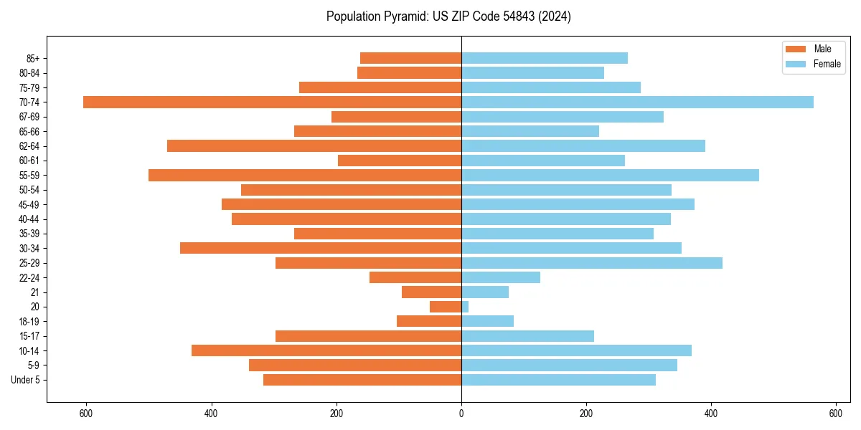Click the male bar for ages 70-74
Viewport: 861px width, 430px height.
point(272,102)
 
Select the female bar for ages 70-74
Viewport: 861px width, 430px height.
point(637,102)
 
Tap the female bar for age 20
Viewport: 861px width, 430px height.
point(465,307)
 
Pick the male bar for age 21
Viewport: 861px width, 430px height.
point(431,292)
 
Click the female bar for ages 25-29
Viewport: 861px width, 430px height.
point(592,263)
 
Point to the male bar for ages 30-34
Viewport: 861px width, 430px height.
point(321,248)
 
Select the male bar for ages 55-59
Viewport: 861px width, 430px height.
point(305,175)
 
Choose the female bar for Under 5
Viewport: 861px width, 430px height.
point(558,380)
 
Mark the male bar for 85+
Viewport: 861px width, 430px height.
point(410,58)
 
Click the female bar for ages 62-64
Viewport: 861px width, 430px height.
point(583,145)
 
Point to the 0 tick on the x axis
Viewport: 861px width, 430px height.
point(461,414)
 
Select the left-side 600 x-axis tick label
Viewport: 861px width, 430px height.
point(86,414)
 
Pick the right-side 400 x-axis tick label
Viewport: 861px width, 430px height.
point(711,414)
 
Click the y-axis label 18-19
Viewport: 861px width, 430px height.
point(29,322)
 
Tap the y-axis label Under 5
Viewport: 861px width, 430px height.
point(26,380)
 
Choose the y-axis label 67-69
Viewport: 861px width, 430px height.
point(29,117)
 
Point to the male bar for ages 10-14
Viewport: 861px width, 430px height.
point(326,350)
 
